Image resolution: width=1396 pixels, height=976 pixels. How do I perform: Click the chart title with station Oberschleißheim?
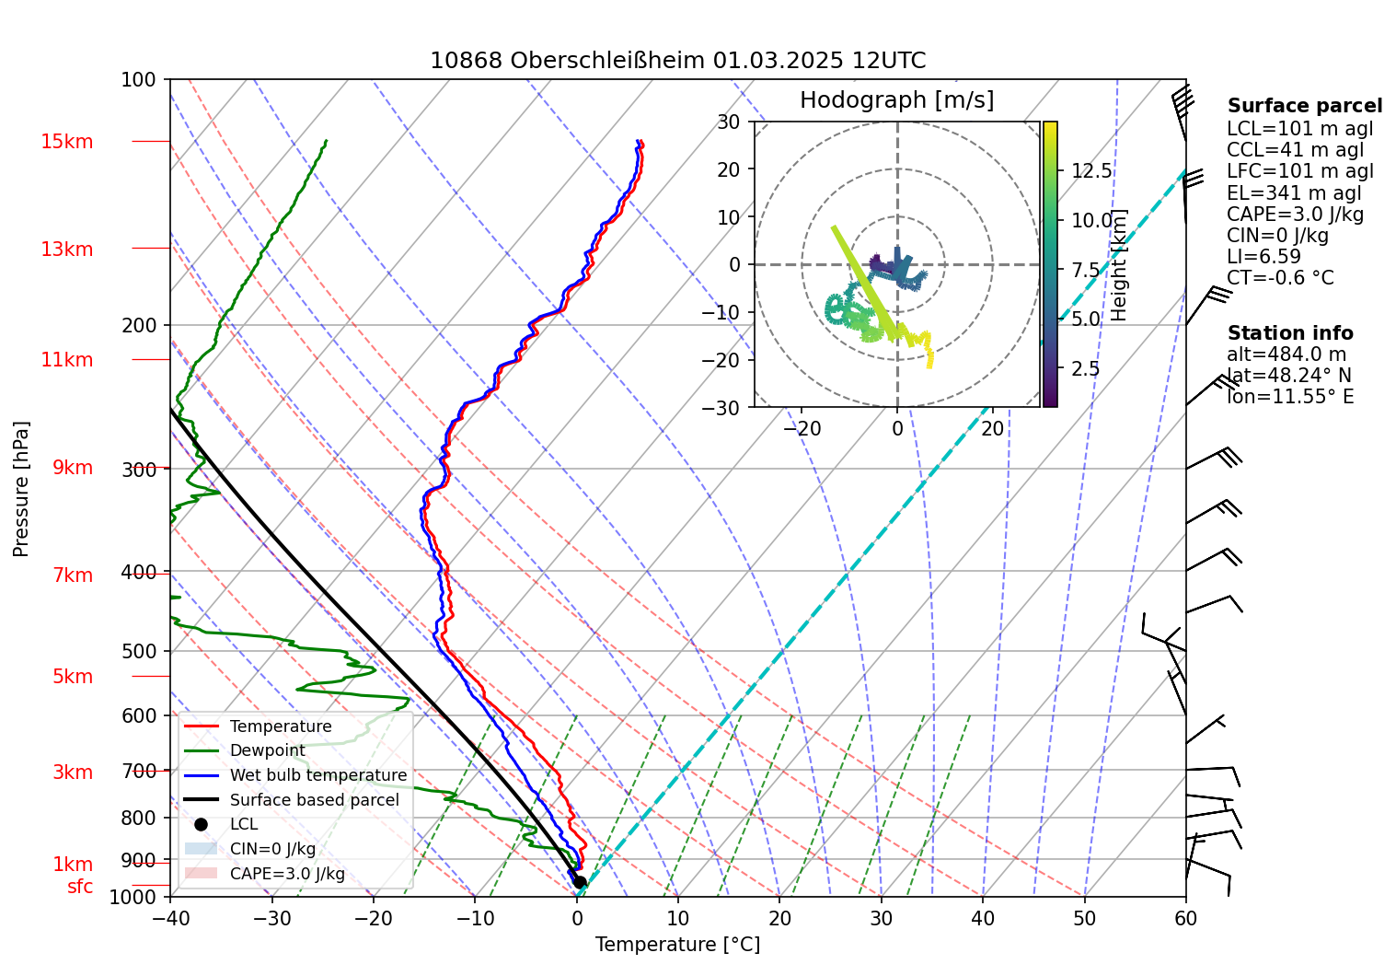(677, 61)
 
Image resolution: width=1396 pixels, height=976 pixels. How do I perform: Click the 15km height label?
(66, 142)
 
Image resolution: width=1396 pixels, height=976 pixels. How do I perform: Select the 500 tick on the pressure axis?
(139, 652)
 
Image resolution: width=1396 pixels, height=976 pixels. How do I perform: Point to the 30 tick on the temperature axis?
(881, 918)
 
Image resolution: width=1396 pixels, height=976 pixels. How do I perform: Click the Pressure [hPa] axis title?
(21, 489)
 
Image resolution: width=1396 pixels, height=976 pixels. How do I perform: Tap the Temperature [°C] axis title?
(677, 945)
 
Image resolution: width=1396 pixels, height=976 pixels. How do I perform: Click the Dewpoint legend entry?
(267, 750)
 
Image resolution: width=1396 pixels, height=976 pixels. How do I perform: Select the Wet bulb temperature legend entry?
(317, 775)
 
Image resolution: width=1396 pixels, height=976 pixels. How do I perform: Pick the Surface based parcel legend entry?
(314, 800)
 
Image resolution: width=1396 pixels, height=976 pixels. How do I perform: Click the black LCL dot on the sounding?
(580, 882)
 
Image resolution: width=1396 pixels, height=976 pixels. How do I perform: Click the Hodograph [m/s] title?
(896, 100)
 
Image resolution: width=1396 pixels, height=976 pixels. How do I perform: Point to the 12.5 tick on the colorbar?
(1091, 171)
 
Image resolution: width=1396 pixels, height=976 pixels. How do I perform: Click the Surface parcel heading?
(1304, 106)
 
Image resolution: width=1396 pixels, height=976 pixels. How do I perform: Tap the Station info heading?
(1290, 333)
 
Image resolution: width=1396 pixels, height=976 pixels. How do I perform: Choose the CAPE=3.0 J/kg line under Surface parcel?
(1295, 215)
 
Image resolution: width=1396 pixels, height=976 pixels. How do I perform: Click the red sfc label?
(80, 887)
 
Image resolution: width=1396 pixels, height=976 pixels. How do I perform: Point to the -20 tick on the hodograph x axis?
(802, 428)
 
